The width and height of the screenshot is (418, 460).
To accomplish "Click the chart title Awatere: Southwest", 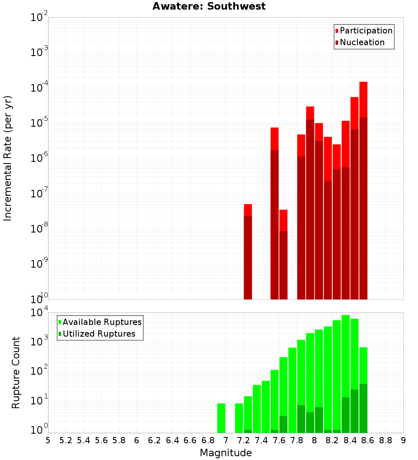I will coord(209,6).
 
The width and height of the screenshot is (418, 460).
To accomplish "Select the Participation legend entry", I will coord(366,31).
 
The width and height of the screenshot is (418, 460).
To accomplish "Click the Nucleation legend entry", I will coord(362,43).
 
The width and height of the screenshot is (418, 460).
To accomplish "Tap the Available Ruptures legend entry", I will coord(102,322).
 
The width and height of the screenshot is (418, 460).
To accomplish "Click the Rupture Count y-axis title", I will coord(16,373).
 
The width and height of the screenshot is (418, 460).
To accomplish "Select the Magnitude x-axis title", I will coord(226,453).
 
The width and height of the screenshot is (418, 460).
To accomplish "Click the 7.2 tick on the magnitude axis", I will coord(243,440).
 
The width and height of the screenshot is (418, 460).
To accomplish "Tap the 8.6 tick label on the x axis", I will coord(368,440).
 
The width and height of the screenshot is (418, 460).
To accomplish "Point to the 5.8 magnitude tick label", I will coord(119,440).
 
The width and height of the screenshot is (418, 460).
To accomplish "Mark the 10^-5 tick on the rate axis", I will coord(39,123).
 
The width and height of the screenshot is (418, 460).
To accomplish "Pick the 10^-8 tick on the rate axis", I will coord(39,228).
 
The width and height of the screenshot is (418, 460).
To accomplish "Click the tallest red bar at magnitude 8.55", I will coord(363,188).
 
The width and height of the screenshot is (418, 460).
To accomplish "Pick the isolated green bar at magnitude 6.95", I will coord(221,418).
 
